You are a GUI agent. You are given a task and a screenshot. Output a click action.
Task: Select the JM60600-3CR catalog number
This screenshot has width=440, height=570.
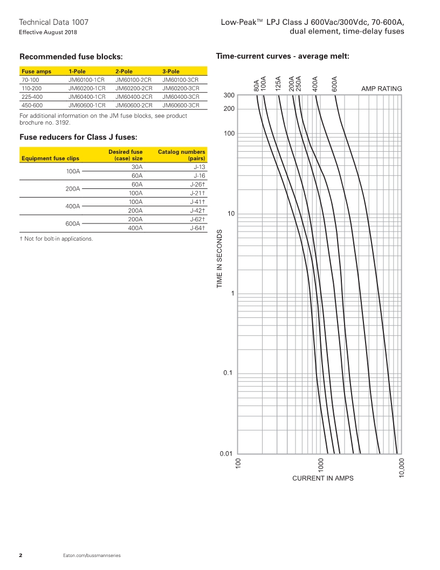click(x=181, y=105)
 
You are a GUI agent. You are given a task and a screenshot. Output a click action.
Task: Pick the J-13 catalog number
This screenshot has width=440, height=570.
click(x=200, y=167)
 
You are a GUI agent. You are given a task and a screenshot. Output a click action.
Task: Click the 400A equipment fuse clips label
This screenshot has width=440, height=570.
click(x=72, y=206)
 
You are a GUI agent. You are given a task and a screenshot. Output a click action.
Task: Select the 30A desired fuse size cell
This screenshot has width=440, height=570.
click(x=137, y=167)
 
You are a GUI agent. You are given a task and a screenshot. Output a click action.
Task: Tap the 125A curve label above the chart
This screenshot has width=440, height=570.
click(x=278, y=84)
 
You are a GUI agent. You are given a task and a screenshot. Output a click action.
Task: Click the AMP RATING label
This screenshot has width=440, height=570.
click(x=381, y=89)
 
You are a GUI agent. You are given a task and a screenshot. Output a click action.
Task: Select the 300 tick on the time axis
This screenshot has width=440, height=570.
click(x=229, y=96)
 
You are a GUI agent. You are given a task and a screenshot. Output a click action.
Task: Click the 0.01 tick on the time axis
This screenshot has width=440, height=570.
click(x=226, y=453)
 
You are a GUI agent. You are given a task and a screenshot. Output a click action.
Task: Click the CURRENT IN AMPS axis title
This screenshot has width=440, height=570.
click(x=322, y=478)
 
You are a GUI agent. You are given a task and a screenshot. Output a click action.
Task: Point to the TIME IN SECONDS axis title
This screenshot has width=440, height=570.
click(x=220, y=259)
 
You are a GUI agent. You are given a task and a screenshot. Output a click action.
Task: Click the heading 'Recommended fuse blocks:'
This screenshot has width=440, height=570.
click(x=71, y=56)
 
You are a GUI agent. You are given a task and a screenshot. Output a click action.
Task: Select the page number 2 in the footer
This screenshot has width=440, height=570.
click(x=20, y=555)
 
